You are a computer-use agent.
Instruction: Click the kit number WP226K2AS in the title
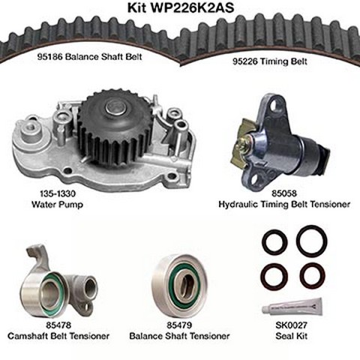192,7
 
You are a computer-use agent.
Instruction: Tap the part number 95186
49,57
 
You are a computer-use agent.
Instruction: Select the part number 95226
245,61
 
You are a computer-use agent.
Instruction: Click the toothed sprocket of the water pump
114,130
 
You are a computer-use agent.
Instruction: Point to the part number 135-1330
58,193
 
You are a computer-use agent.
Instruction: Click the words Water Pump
57,205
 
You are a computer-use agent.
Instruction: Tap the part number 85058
284,193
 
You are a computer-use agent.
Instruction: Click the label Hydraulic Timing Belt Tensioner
284,204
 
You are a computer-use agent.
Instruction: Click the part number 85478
58,325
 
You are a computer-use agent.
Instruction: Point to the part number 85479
179,325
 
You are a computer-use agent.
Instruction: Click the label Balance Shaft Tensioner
179,336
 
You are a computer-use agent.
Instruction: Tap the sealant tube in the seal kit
292,307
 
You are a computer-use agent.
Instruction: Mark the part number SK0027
291,325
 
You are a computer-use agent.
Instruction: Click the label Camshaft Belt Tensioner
58,336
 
